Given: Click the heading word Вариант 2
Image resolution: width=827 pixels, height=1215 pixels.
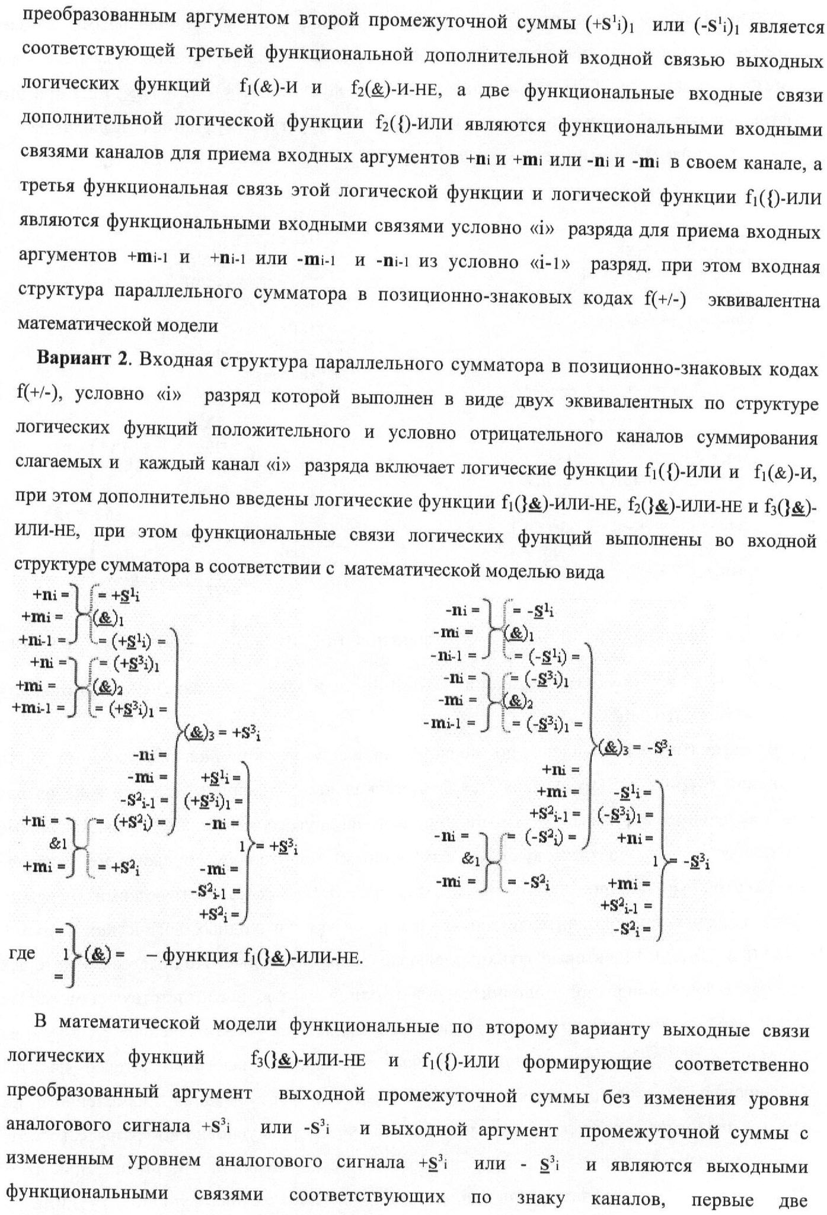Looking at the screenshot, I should [x=84, y=359].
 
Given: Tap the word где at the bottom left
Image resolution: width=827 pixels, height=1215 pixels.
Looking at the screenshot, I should [x=23, y=954].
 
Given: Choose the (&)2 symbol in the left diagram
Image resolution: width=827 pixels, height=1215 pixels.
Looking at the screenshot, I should [x=106, y=687].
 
